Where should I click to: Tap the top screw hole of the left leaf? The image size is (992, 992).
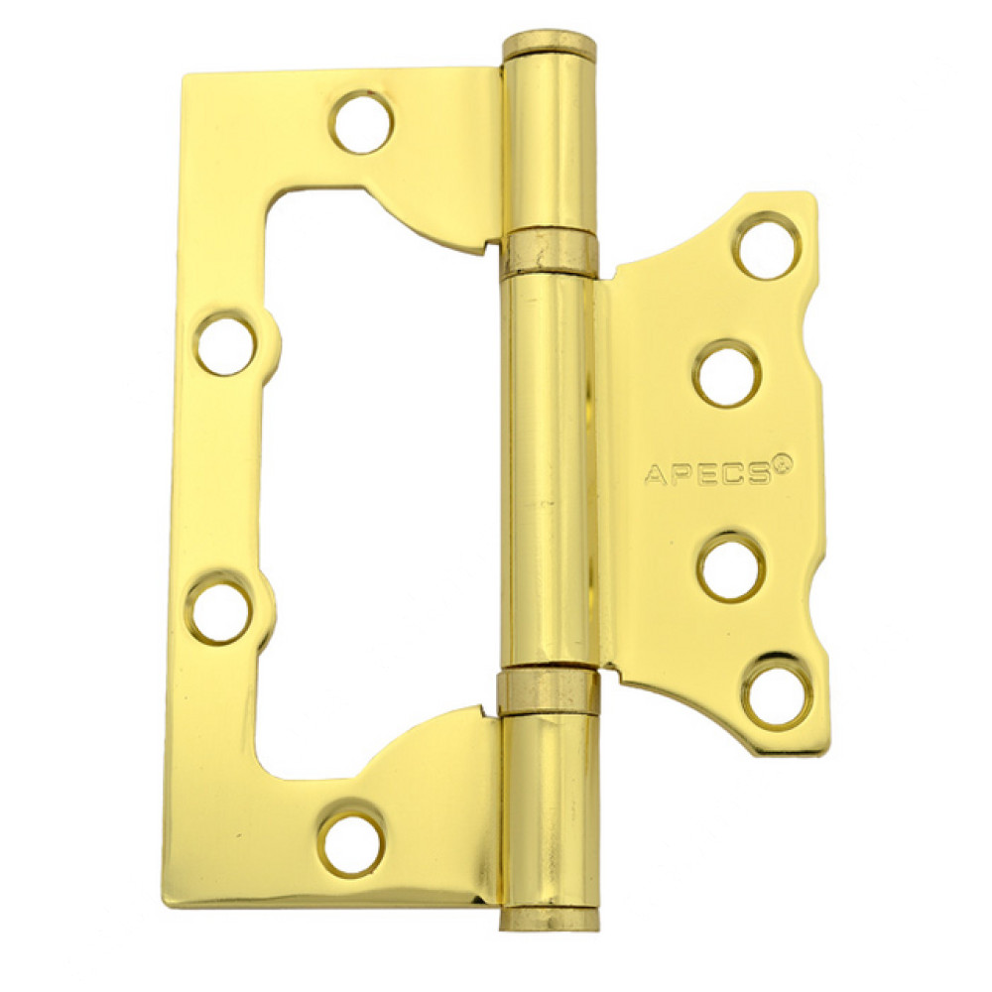click(x=362, y=122)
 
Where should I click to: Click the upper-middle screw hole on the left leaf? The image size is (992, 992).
click(x=226, y=345)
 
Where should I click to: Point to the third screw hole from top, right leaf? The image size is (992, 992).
click(x=733, y=566)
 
